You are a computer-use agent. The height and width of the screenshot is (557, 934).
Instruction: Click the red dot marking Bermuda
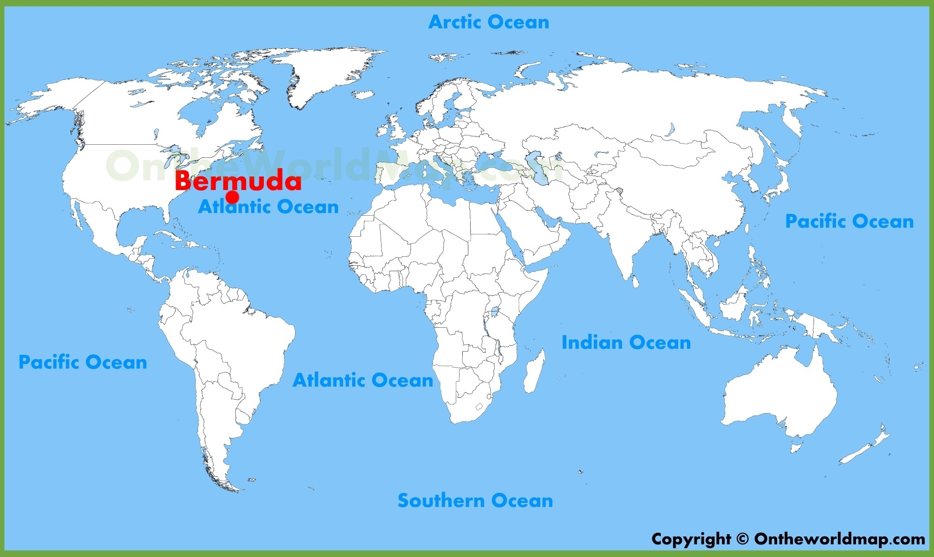coord(232,197)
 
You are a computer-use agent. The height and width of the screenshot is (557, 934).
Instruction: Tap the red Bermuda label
coord(238,181)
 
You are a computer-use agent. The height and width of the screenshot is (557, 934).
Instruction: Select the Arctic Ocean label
coord(488,22)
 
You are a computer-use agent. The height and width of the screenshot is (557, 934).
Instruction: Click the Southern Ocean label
coord(475,501)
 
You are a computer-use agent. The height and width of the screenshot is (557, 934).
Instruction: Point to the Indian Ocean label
coord(626,343)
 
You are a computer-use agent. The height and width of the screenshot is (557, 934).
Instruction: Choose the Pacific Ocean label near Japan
coord(849,221)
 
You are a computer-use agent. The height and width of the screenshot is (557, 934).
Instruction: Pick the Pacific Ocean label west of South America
coord(83,362)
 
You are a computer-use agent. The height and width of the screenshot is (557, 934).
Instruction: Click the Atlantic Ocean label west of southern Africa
coord(363,381)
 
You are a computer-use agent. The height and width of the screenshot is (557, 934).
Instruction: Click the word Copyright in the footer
coord(691,539)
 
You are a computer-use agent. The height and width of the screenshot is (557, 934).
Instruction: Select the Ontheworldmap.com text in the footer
coord(839,539)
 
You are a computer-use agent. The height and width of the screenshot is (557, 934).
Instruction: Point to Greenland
coord(322,70)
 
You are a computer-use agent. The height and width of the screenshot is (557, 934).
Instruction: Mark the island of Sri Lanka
coord(636,282)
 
